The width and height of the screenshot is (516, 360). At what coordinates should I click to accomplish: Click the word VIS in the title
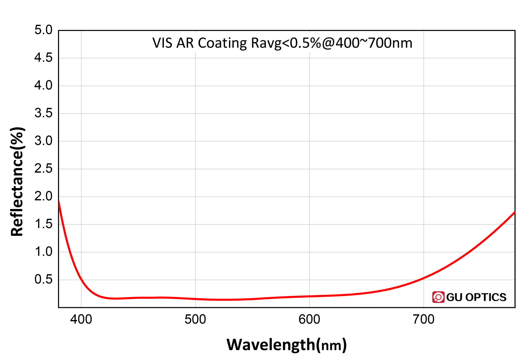click(x=163, y=43)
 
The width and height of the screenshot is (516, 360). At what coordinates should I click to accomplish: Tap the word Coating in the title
click(x=222, y=43)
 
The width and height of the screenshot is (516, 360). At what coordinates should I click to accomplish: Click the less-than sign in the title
click(x=286, y=43)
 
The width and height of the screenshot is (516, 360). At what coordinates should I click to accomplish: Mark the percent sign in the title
click(x=316, y=43)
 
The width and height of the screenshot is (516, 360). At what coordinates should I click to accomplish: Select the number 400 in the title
click(x=347, y=43)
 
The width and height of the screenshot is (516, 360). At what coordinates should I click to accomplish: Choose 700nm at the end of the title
click(x=390, y=43)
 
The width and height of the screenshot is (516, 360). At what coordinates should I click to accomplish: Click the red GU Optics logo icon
click(x=438, y=297)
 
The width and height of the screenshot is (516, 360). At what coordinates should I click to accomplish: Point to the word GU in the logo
click(x=454, y=297)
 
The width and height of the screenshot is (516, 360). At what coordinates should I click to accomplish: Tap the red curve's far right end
click(x=514, y=212)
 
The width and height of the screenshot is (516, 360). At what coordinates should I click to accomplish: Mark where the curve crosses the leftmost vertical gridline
click(x=82, y=279)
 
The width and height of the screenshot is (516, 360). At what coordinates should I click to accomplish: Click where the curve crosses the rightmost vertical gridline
click(x=423, y=278)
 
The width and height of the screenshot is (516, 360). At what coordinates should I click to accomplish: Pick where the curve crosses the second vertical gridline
click(x=195, y=299)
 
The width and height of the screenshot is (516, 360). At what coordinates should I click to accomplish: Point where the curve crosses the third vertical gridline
click(x=309, y=296)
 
